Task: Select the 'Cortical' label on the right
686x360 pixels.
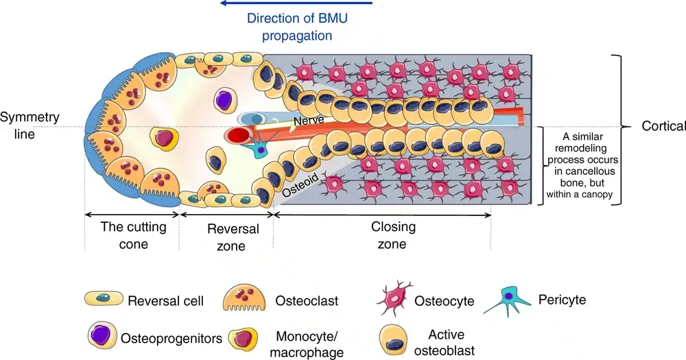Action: (663, 126)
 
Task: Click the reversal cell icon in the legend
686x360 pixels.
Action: (104, 299)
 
